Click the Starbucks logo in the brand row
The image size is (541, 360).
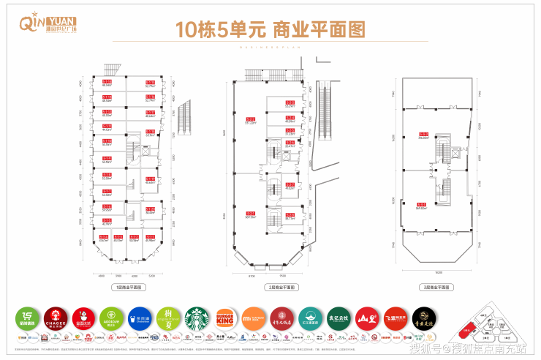click(x=197, y=318)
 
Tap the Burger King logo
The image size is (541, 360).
click(x=224, y=318)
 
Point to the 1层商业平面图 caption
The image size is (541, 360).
click(x=126, y=287)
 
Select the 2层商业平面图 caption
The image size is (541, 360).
click(x=270, y=287)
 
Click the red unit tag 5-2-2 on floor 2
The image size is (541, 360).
click(x=250, y=119)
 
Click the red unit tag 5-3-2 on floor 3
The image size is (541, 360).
click(x=423, y=134)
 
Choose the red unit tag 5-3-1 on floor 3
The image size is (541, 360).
click(x=421, y=204)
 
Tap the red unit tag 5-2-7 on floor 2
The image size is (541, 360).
click(x=290, y=184)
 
